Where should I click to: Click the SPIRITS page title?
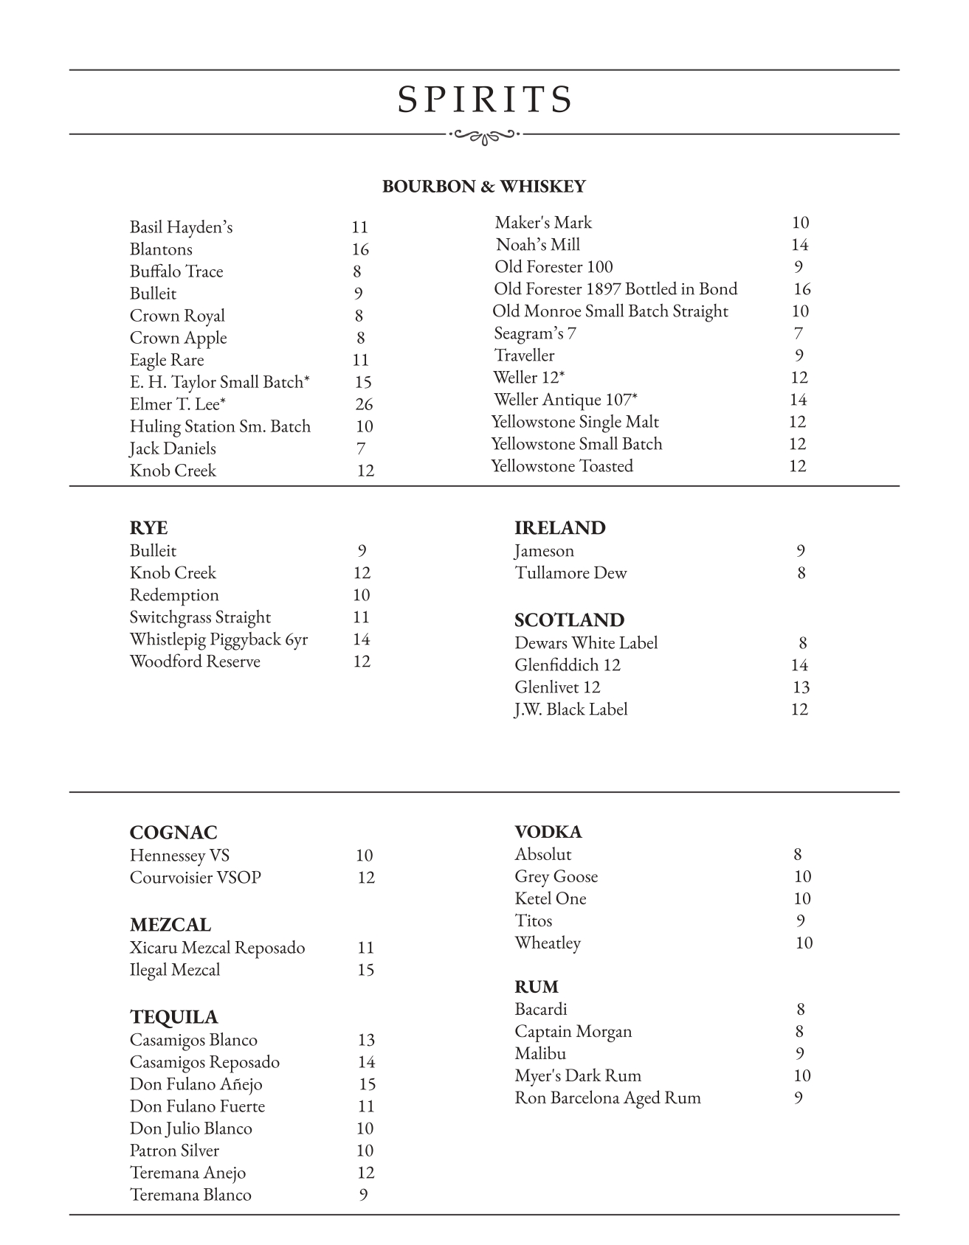[x=485, y=100]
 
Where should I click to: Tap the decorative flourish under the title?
[x=485, y=135]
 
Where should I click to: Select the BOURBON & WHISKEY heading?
[x=483, y=187]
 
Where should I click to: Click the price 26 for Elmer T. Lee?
[x=364, y=404]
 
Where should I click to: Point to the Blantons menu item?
[x=161, y=249]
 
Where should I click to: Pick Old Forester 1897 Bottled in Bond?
[x=615, y=289]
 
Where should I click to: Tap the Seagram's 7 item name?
[x=535, y=333]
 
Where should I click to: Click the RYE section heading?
[x=148, y=528]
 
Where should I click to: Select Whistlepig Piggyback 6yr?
[x=218, y=639]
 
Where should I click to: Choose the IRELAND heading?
[x=559, y=528]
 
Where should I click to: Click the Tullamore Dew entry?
[x=570, y=573]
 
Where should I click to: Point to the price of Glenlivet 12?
[x=801, y=687]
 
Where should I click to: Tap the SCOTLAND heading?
[x=569, y=620]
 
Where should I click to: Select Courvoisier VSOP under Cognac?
[x=196, y=878]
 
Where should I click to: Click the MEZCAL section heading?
[x=170, y=925]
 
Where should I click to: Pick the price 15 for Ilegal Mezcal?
[x=365, y=970]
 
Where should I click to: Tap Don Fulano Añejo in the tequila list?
[x=196, y=1084]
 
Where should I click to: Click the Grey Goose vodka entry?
[x=556, y=877]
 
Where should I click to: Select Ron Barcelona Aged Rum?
[x=607, y=1098]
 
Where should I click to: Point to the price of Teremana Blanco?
[x=363, y=1195]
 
